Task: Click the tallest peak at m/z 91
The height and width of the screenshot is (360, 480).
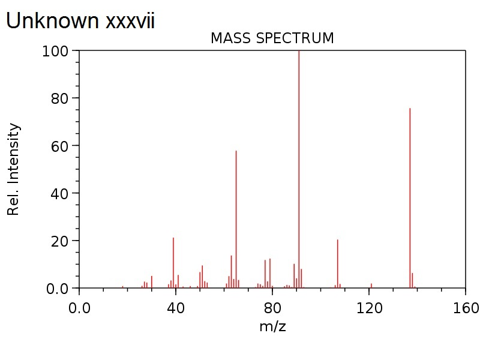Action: pos(299,168)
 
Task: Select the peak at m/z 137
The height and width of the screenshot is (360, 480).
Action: pos(410,198)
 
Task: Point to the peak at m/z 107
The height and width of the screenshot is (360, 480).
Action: pos(337,264)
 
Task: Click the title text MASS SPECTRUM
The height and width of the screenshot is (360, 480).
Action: pos(272,38)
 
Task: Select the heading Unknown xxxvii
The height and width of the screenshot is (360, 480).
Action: pos(80,21)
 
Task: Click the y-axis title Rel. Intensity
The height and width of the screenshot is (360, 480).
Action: pos(14,169)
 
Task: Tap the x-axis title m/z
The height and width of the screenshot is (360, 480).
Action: pos(272,327)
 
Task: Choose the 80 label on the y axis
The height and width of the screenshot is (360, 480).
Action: pos(60,98)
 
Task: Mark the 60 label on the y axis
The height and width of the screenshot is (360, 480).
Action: pos(60,146)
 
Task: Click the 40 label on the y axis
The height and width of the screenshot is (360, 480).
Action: pos(60,193)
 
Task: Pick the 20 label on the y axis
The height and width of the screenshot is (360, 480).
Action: pos(60,241)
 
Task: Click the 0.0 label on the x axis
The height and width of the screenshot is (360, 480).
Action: pos(79,308)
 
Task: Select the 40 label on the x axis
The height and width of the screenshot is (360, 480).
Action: pos(176,308)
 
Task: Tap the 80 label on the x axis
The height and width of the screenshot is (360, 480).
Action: pos(272,308)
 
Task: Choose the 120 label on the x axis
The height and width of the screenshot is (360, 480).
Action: pos(369,308)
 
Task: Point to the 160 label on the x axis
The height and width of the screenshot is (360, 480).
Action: pos(466,308)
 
